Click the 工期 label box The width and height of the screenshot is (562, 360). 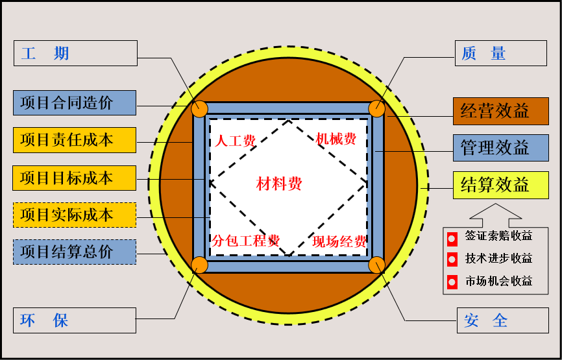[75, 53]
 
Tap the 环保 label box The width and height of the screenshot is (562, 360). [75, 320]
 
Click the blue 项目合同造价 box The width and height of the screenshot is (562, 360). [75, 102]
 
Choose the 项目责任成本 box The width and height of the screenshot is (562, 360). [75, 140]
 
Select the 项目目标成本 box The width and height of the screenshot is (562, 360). [75, 178]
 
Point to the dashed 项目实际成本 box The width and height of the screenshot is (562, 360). [75, 215]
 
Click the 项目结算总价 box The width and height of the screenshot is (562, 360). [75, 252]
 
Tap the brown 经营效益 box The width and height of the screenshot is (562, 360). [500, 111]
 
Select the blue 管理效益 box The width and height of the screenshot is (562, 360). [500, 148]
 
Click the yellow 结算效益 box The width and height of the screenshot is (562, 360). [500, 186]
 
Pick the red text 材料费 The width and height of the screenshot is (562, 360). [279, 184]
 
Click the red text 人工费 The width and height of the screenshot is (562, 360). [236, 141]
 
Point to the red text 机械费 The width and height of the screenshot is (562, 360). [336, 139]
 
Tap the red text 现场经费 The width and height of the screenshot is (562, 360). [339, 242]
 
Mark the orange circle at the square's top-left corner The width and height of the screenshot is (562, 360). [200, 108]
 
